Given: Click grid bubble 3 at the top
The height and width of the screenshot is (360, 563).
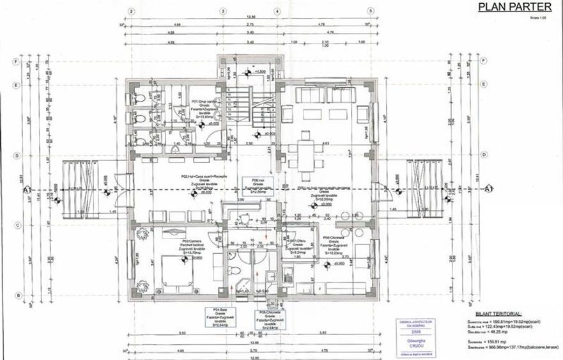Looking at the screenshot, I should [x=222, y=12].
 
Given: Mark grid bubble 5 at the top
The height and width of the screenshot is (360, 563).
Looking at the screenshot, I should [x=370, y=12].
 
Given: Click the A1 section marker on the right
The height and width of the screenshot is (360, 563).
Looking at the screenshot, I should [x=489, y=190].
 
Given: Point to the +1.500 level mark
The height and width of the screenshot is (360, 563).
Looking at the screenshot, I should [x=259, y=72].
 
